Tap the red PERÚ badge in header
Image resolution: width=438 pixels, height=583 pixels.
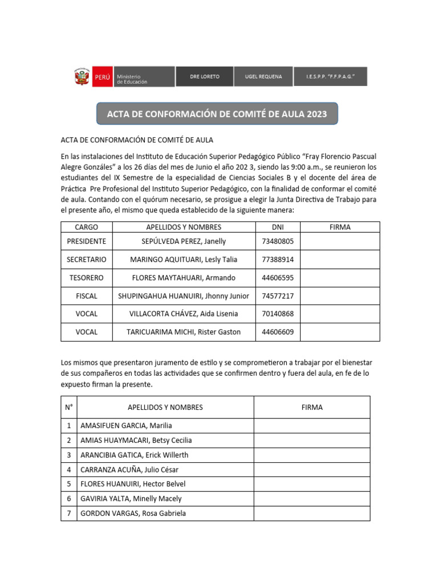(103, 77)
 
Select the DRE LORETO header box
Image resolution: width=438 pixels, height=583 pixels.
(205, 77)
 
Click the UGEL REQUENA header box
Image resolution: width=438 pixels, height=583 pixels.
(263, 77)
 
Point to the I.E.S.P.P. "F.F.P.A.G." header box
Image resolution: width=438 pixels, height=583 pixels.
(330, 77)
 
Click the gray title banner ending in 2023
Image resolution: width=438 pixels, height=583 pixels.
(217, 114)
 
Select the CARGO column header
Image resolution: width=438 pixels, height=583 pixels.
(87, 227)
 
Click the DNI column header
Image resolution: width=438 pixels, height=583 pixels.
(278, 227)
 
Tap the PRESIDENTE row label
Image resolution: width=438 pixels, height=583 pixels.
(87, 241)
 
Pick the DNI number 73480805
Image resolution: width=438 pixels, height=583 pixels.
(278, 241)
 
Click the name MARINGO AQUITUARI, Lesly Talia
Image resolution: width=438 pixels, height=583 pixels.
(184, 260)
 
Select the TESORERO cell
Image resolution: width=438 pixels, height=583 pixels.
(87, 278)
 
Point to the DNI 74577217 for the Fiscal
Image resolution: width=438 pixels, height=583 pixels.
(278, 296)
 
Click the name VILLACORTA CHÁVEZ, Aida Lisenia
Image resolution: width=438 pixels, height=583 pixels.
(184, 314)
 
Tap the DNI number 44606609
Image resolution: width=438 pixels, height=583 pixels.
(278, 332)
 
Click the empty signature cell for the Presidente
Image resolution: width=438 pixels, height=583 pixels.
(340, 241)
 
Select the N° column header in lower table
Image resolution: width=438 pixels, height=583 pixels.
(69, 408)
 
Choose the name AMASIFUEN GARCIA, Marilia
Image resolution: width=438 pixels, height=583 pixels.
(126, 426)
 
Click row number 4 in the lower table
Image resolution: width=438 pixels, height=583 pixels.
(69, 470)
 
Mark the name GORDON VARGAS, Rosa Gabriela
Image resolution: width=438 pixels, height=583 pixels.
(133, 514)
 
